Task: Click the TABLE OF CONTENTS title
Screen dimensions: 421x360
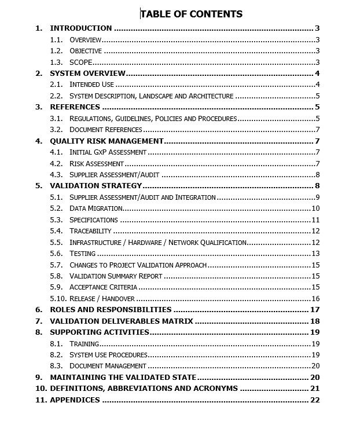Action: pos(192,14)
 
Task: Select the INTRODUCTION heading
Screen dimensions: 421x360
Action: pos(80,28)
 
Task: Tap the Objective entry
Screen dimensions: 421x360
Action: pos(86,51)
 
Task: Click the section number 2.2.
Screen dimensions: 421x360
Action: pos(56,96)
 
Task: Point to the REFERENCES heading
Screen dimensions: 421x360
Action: pos(75,107)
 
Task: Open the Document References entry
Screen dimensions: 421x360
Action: pos(106,130)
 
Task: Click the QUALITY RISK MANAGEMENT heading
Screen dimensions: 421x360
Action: pos(106,141)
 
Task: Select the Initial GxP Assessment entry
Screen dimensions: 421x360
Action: pos(108,152)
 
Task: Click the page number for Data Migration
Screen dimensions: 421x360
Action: pos(315,208)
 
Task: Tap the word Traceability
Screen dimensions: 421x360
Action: pos(90,231)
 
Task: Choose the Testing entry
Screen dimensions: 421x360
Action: pos(83,254)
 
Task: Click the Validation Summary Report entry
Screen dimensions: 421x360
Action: pos(116,276)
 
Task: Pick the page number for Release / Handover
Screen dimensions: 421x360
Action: pos(315,299)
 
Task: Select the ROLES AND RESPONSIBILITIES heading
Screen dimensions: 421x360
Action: pos(111,310)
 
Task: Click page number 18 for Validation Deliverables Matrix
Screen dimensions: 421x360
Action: pos(315,321)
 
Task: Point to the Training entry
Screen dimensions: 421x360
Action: pos(85,344)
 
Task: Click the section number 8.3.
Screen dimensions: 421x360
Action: pos(56,366)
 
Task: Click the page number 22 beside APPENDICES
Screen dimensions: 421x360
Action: pos(315,400)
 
